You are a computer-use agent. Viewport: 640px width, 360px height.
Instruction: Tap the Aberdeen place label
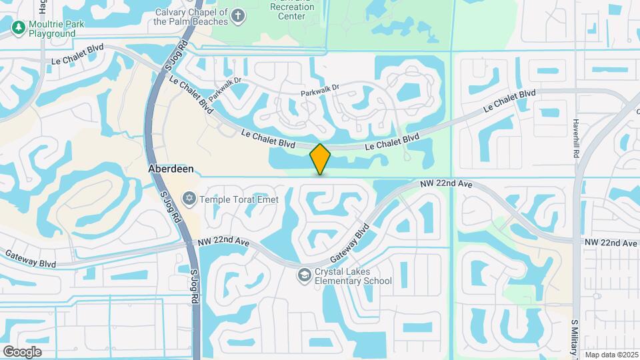(x=171, y=169)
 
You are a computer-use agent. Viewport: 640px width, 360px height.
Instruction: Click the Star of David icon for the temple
(x=189, y=198)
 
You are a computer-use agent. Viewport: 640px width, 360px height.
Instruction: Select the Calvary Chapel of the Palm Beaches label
(x=191, y=17)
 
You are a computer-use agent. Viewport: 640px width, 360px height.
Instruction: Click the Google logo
(x=22, y=351)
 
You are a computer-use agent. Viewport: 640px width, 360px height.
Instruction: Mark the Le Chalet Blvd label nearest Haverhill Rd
(x=509, y=101)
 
